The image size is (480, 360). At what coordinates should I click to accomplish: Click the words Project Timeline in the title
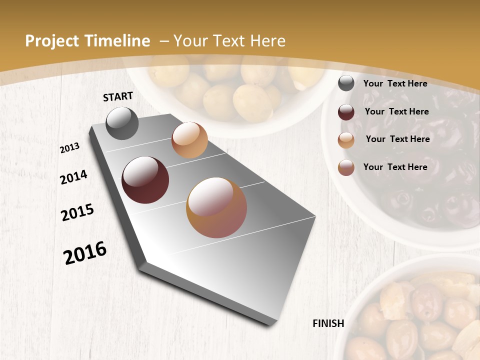[87, 41]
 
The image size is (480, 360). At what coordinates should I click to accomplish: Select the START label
[118, 96]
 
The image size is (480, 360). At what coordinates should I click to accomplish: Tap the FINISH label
[328, 323]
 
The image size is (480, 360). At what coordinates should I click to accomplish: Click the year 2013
[70, 148]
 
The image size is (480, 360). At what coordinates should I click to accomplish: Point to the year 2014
[73, 177]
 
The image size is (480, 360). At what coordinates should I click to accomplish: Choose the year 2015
[77, 212]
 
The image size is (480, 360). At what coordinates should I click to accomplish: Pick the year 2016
[85, 253]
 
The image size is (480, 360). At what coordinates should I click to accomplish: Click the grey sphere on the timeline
[122, 123]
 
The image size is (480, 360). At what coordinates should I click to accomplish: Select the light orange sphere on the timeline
[189, 140]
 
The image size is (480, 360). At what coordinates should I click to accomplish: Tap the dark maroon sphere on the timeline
[145, 180]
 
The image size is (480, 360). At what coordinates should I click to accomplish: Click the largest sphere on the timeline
[216, 207]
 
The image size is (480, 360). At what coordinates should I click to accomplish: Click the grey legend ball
[346, 83]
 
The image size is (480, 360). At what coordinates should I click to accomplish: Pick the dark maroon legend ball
[346, 112]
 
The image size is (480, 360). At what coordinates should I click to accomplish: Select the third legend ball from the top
[346, 140]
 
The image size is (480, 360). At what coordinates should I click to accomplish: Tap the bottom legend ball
[346, 168]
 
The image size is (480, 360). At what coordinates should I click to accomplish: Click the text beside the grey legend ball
[395, 83]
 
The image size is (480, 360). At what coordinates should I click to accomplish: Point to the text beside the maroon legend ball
[397, 111]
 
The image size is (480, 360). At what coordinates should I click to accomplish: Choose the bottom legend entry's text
[395, 167]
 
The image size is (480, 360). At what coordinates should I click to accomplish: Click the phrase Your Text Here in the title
[229, 41]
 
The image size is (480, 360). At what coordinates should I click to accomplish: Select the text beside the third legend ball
[398, 139]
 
